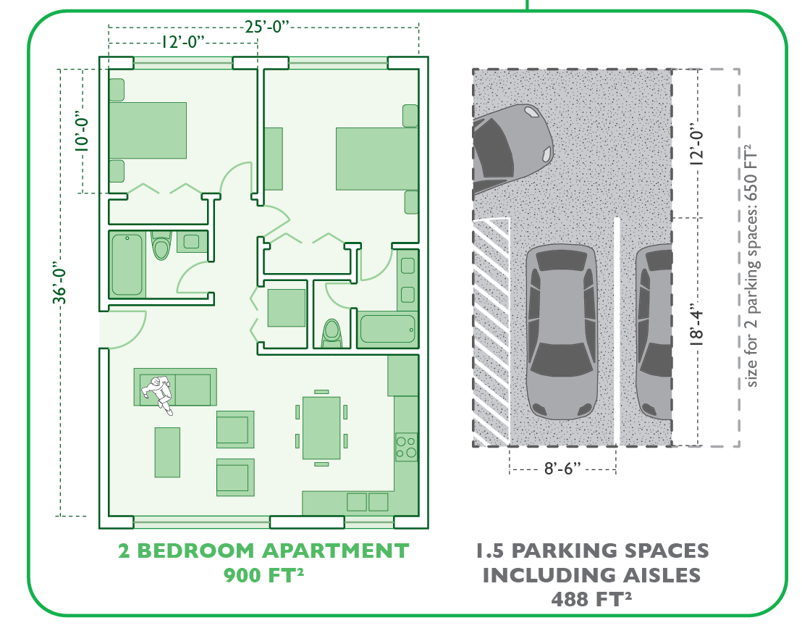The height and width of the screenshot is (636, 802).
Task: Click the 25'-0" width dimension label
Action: pos(266,26)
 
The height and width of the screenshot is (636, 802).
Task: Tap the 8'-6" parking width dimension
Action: pos(562,468)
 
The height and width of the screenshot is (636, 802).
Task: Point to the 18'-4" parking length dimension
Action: pos(696,325)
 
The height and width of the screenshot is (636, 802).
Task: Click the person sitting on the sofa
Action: pos(159,393)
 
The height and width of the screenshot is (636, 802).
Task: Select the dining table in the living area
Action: pos(321,428)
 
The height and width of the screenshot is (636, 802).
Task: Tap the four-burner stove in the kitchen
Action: pos(406,447)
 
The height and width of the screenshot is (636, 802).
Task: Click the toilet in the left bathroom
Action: pos(161,245)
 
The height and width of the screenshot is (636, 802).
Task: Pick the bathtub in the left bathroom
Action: pos(127,264)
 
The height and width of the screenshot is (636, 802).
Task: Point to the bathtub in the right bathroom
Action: pos(388,329)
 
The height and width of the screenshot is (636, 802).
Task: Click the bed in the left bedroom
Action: pos(148,130)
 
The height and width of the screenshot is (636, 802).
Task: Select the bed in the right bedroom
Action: pos(377,159)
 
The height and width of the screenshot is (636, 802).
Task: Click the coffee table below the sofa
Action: pos(167,452)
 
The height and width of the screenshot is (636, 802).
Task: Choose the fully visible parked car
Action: pos(562,332)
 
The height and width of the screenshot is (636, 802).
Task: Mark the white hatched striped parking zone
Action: pos(491,331)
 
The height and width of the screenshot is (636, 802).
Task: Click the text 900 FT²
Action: pos(264,575)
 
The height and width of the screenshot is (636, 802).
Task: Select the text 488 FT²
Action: pos(592,598)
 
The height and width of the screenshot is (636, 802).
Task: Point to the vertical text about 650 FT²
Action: pos(751,265)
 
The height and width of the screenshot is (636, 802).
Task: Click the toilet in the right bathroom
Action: pos(332,334)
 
